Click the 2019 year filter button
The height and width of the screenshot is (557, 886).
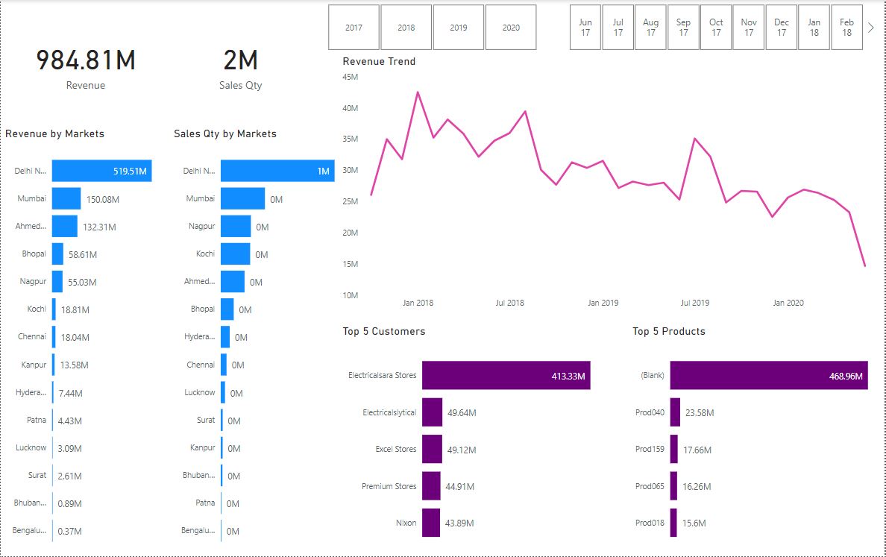(x=459, y=28)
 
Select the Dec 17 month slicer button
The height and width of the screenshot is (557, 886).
(x=781, y=28)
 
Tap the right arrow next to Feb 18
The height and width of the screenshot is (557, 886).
(x=871, y=28)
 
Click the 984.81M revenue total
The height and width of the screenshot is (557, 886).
(x=86, y=60)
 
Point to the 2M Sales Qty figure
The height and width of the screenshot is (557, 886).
(x=240, y=60)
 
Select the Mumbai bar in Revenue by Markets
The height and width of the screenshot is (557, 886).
(x=66, y=198)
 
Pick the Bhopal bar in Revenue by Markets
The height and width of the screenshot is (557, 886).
(x=57, y=254)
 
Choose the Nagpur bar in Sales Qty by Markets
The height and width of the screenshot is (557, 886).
(x=236, y=226)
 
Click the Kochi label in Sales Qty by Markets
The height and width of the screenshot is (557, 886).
(x=205, y=254)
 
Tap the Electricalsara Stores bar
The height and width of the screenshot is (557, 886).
(x=506, y=375)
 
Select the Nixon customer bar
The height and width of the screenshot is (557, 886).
(x=431, y=523)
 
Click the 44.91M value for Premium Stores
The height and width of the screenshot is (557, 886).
(x=461, y=486)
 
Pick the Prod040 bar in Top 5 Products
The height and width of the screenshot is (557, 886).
(x=675, y=412)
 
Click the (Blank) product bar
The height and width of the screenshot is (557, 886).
(x=768, y=375)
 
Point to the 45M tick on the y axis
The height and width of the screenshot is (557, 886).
(x=351, y=77)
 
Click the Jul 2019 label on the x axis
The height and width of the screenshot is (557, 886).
(x=695, y=303)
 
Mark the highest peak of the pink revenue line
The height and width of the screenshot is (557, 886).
(x=418, y=92)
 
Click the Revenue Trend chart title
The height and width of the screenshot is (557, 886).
(x=379, y=61)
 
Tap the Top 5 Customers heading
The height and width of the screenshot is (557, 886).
(x=383, y=331)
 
